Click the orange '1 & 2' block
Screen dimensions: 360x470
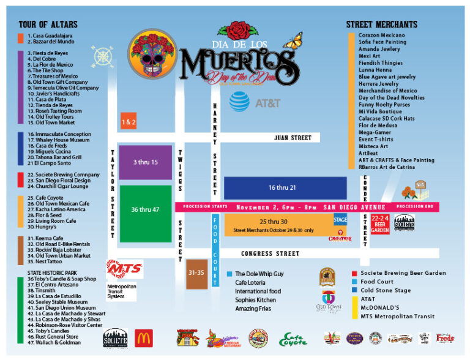[x=129, y=121]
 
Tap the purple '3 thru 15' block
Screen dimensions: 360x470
[x=145, y=162]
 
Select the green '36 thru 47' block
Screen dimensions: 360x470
[x=145, y=209]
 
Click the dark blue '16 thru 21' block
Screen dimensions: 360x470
[x=282, y=187]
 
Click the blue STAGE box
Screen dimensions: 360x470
[x=340, y=219]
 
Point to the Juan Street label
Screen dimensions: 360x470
[x=293, y=138]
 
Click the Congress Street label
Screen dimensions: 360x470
[x=269, y=253]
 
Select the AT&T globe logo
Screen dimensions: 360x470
[x=239, y=102]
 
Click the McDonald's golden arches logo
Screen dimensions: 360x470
[x=144, y=338]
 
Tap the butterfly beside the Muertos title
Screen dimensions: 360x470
[x=293, y=42]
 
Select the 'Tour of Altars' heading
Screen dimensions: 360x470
[x=48, y=24]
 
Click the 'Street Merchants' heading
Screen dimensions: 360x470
[x=381, y=24]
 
